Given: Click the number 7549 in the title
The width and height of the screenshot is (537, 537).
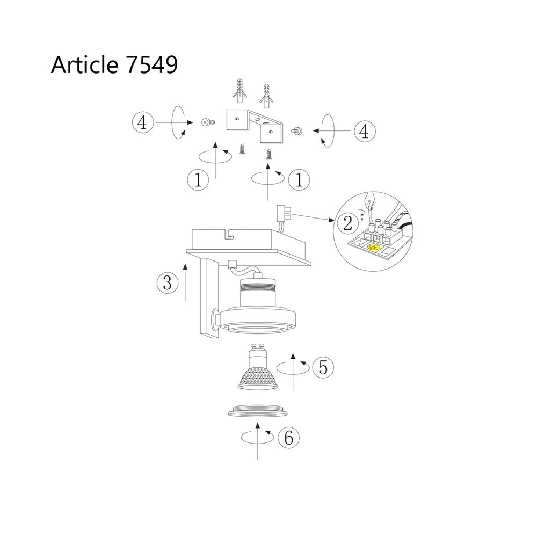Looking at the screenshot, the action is pyautogui.click(x=152, y=64).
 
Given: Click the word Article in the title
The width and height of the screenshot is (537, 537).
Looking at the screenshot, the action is pyautogui.click(x=85, y=64).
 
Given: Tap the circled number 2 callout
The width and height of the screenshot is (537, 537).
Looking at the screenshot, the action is pyautogui.click(x=347, y=223).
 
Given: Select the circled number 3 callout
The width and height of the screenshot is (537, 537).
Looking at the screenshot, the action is pyautogui.click(x=168, y=283).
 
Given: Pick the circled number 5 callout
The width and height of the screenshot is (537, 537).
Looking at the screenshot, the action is pyautogui.click(x=323, y=367).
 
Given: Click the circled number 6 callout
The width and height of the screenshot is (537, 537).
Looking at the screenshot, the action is pyautogui.click(x=289, y=437).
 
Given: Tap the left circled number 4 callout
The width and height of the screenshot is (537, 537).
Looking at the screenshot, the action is pyautogui.click(x=143, y=122).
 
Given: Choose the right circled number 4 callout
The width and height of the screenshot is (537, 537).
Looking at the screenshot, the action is pyautogui.click(x=365, y=131).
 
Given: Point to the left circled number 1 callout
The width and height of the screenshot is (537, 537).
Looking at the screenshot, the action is pyautogui.click(x=198, y=179).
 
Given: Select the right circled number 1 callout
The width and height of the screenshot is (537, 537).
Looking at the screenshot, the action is pyautogui.click(x=299, y=179).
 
